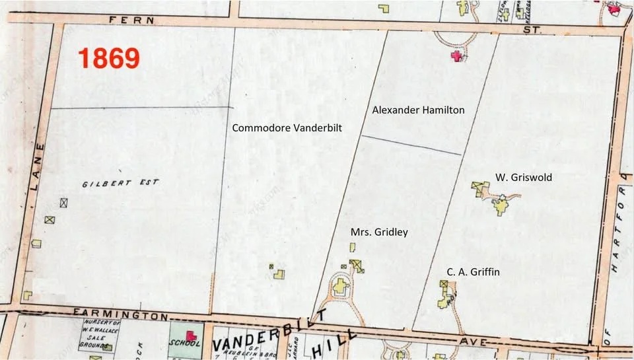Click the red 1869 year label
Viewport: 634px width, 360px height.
click(109, 58)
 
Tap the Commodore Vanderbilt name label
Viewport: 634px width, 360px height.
click(287, 128)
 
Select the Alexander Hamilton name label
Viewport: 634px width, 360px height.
click(418, 110)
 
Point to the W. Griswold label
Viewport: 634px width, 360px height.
click(523, 178)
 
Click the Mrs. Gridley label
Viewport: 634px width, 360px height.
click(379, 232)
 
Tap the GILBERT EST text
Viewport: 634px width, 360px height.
click(120, 183)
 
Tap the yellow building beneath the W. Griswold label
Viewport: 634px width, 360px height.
click(501, 206)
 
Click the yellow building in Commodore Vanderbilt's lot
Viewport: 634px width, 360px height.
click(279, 273)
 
